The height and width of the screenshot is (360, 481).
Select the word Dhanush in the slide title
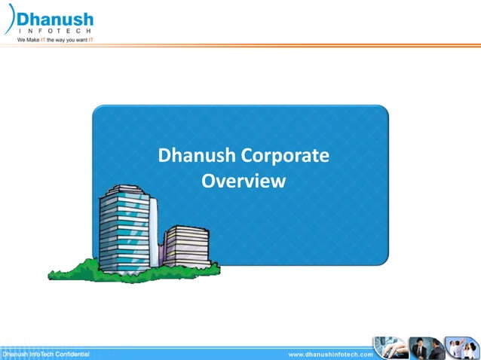(x=193, y=157)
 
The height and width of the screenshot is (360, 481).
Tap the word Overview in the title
(x=244, y=182)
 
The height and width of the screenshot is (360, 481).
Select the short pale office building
(x=186, y=248)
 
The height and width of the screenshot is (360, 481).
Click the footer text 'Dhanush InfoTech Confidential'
(x=46, y=353)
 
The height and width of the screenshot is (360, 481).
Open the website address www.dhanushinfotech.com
(x=330, y=353)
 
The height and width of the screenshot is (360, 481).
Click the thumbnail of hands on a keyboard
(x=390, y=348)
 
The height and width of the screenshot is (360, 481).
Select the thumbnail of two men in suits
(x=427, y=348)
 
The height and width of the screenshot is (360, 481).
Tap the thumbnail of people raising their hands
(x=461, y=348)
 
